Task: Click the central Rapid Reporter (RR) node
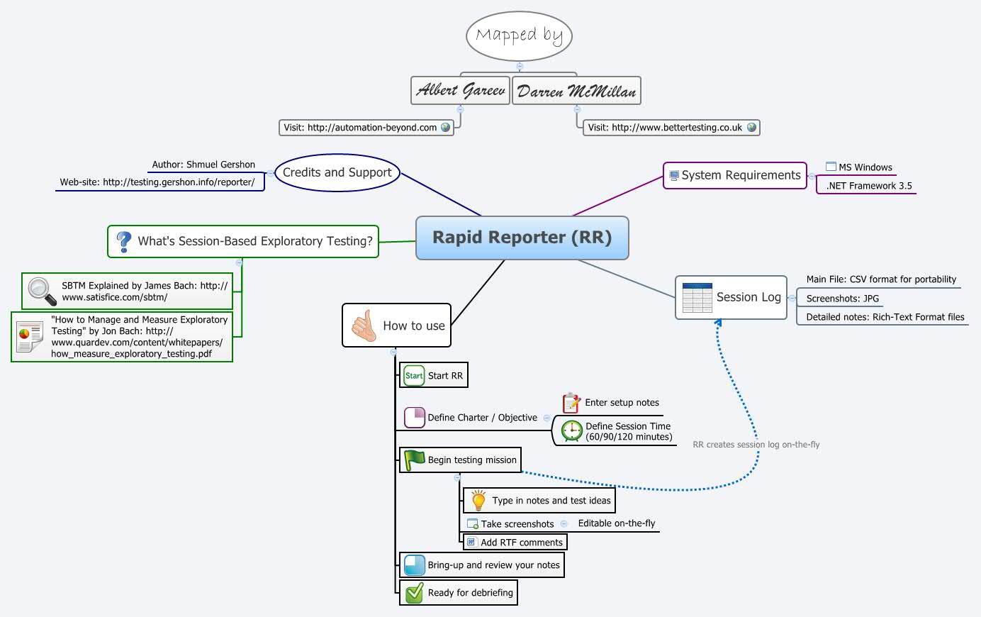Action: pyautogui.click(x=522, y=238)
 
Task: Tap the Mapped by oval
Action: pyautogui.click(x=519, y=35)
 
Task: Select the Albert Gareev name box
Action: pyautogui.click(x=461, y=91)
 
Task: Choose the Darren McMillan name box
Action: pyautogui.click(x=576, y=91)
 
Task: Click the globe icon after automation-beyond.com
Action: pyautogui.click(x=446, y=128)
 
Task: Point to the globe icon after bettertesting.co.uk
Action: pyautogui.click(x=751, y=128)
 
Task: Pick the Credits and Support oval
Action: pyautogui.click(x=337, y=172)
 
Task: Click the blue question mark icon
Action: pyautogui.click(x=124, y=242)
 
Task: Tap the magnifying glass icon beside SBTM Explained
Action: pyautogui.click(x=42, y=291)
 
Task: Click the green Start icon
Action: pyautogui.click(x=414, y=376)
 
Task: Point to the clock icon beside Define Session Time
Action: pyautogui.click(x=571, y=430)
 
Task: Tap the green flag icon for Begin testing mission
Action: pyautogui.click(x=414, y=460)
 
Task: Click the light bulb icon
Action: pyautogui.click(x=478, y=500)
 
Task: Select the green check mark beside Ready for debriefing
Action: pyautogui.click(x=414, y=592)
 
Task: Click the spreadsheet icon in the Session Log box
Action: pyautogui.click(x=697, y=298)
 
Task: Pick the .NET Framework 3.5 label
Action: pyautogui.click(x=869, y=186)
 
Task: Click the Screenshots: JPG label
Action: pyautogui.click(x=842, y=299)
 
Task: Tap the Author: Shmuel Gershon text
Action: pyautogui.click(x=203, y=165)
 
